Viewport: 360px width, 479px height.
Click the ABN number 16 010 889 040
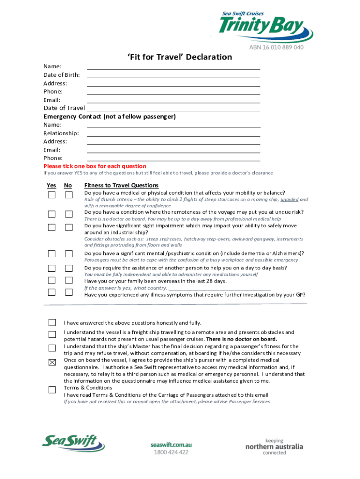click(x=276, y=47)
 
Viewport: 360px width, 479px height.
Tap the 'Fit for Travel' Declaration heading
click(x=180, y=57)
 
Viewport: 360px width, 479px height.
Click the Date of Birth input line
click(x=173, y=75)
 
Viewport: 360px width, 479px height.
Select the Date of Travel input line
click(x=173, y=108)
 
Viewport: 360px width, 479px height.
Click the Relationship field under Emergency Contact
click(x=173, y=133)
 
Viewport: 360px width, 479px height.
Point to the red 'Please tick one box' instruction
click(x=95, y=166)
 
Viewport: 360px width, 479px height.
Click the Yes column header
click(x=51, y=186)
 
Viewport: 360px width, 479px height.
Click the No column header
click(x=68, y=186)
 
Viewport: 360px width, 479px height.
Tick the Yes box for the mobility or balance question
click(x=51, y=195)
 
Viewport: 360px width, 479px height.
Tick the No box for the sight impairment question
click(x=69, y=227)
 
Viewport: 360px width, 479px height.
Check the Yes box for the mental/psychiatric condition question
click(x=51, y=254)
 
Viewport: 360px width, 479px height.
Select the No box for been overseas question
click(x=69, y=280)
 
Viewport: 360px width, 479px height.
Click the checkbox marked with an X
click(x=51, y=362)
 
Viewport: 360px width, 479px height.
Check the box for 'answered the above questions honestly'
click(x=51, y=322)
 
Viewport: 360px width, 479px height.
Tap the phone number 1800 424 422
click(x=171, y=452)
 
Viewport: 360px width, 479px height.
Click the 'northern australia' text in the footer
click(x=274, y=447)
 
